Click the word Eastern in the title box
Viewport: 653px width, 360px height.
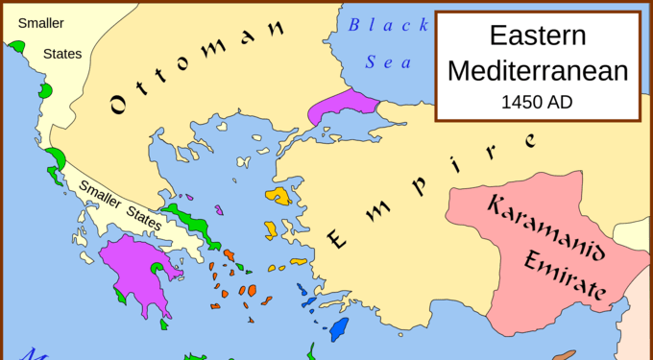click(x=537, y=36)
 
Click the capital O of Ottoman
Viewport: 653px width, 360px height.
click(x=119, y=104)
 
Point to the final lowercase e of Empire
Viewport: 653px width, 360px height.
click(x=530, y=140)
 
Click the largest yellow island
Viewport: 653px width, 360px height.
click(x=279, y=196)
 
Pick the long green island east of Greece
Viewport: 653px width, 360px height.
click(x=188, y=220)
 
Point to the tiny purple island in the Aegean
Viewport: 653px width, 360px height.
click(x=220, y=210)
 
